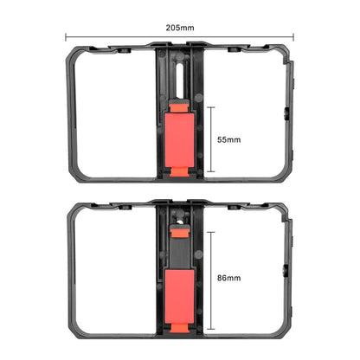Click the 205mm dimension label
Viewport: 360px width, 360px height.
coord(180,28)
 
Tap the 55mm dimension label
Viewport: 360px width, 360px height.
coord(228,139)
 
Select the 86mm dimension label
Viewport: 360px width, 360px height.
coord(228,278)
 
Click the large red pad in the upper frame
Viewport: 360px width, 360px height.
coord(180,140)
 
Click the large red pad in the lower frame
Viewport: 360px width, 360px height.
coord(180,297)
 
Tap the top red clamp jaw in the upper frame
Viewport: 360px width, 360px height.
coord(179,106)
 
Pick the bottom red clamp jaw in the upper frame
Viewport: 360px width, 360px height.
coord(179,172)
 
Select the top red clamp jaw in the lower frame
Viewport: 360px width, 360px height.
coord(179,232)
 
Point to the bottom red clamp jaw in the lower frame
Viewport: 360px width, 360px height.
coord(179,328)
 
